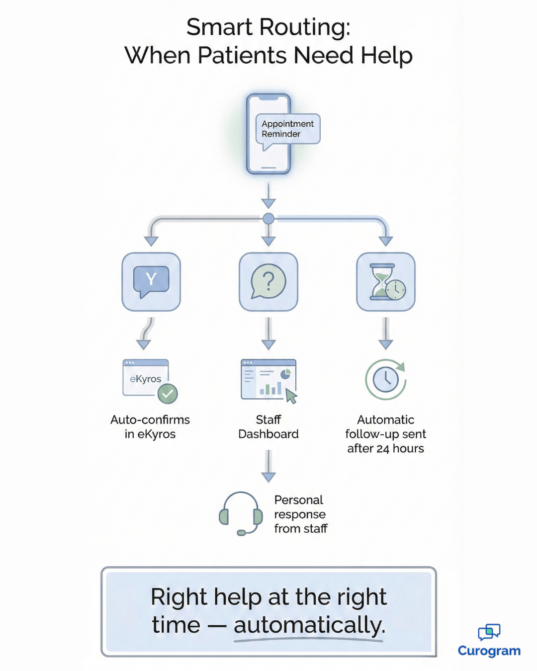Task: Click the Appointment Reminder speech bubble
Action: pyautogui.click(x=287, y=129)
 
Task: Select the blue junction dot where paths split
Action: pyautogui.click(x=268, y=218)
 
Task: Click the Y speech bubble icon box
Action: pyautogui.click(x=151, y=281)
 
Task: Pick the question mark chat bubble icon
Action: pyautogui.click(x=268, y=281)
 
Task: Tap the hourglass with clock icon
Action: pyautogui.click(x=386, y=281)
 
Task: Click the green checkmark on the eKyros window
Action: pyautogui.click(x=168, y=394)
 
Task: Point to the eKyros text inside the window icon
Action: pyautogui.click(x=145, y=379)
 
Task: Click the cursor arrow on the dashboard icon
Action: pyautogui.click(x=291, y=396)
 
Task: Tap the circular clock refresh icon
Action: pyautogui.click(x=386, y=380)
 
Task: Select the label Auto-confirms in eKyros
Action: pyautogui.click(x=150, y=426)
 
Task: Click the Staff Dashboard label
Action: pyautogui.click(x=268, y=426)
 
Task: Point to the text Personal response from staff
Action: pyautogui.click(x=300, y=514)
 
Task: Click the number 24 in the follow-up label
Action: pyautogui.click(x=382, y=449)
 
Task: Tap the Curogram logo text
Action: pyautogui.click(x=489, y=651)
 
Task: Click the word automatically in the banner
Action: pyautogui.click(x=309, y=625)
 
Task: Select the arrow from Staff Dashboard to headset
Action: pyautogui.click(x=268, y=466)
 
